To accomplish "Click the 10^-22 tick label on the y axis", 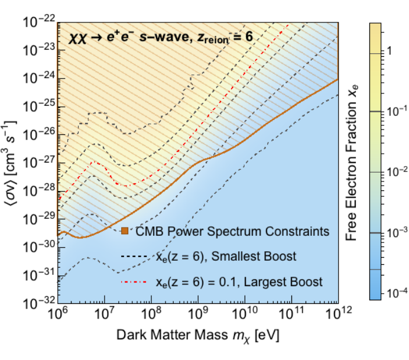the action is point(39,21).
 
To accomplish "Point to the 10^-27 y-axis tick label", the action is point(39,162).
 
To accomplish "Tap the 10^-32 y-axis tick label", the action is point(39,303).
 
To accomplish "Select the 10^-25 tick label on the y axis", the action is point(39,106).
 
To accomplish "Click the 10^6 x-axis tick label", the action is point(58,313).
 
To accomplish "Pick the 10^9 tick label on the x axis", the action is point(197,313).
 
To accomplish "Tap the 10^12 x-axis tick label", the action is point(339,313).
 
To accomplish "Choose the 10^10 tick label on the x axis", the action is point(245,313).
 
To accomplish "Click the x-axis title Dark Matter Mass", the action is point(172,335).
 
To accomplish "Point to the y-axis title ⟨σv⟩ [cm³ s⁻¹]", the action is point(9,167).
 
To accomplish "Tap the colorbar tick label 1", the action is point(389,51).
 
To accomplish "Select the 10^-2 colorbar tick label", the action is point(397,171).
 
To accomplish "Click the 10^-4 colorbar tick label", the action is point(397,293).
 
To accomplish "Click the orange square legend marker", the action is point(125,231).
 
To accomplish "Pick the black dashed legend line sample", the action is point(134,257).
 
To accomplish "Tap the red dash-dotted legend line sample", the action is point(134,282).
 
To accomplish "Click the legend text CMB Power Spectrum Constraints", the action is point(232,231).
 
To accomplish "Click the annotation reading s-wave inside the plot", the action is point(164,37).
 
